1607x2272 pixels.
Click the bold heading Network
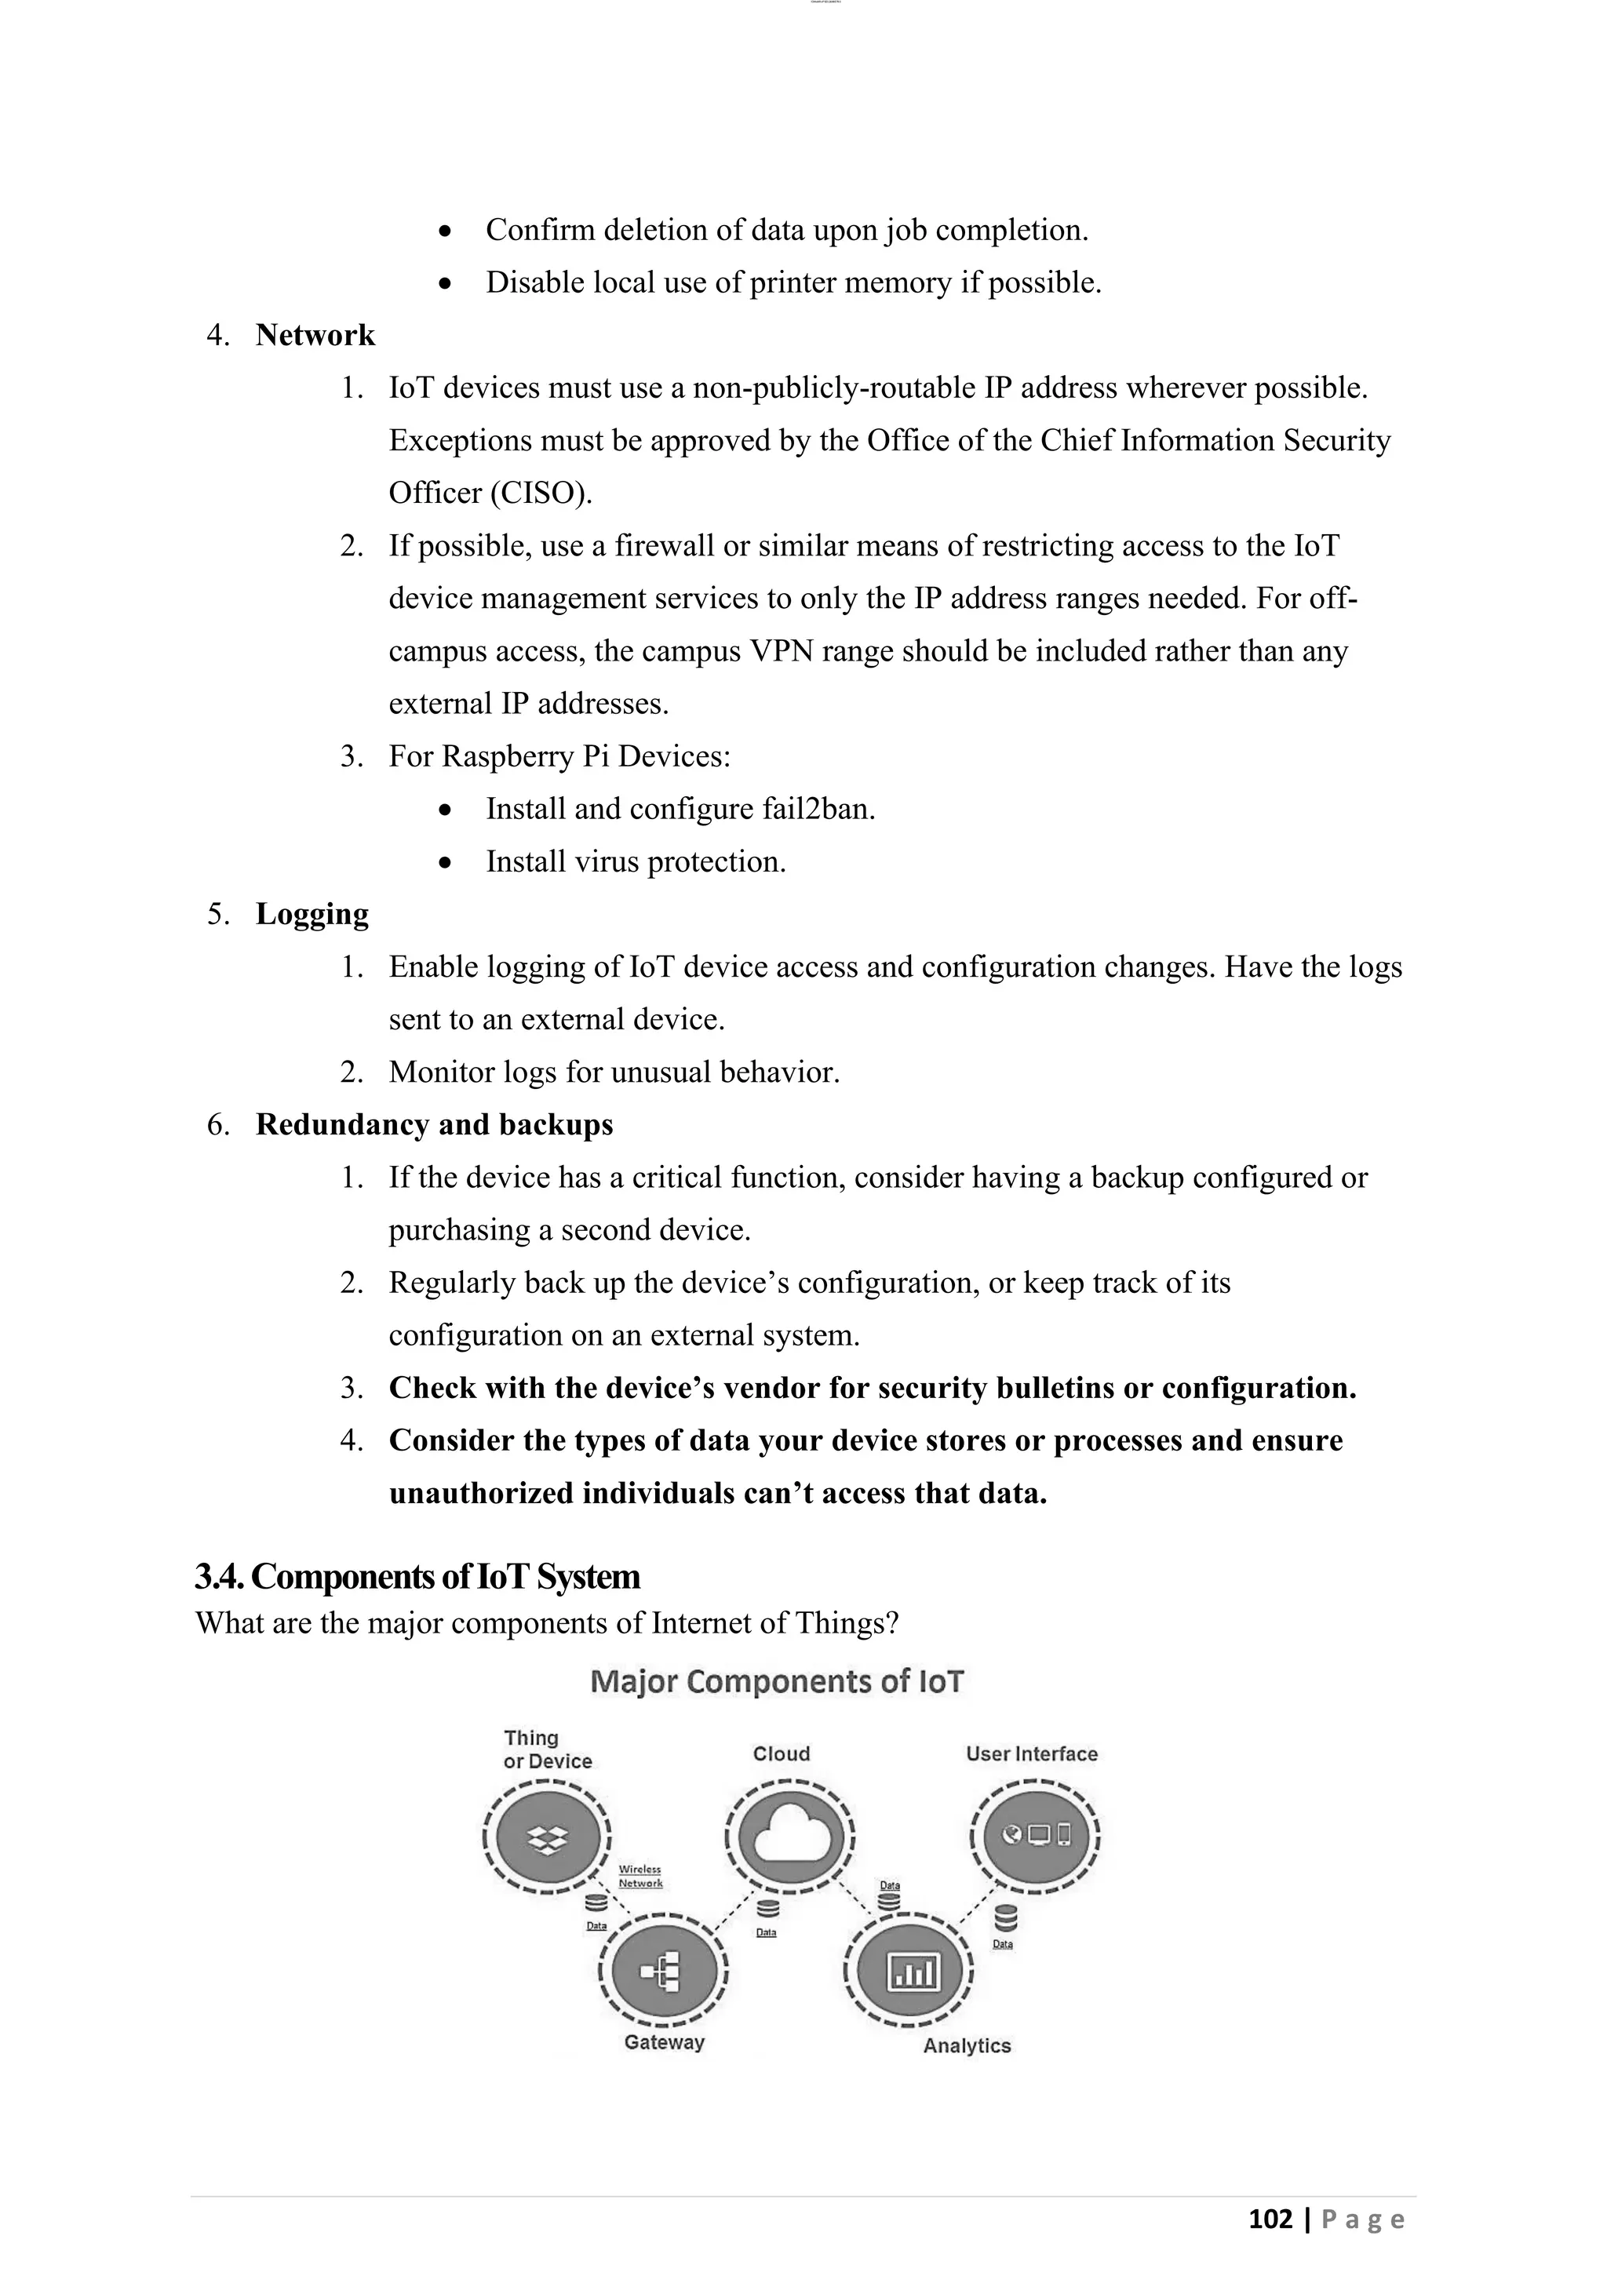[x=315, y=336]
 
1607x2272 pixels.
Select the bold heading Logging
[x=312, y=914]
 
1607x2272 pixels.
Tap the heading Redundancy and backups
[x=433, y=1125]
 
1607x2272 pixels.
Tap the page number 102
[x=1270, y=2219]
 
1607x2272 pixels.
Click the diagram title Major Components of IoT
[x=777, y=1681]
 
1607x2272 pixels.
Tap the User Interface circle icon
[x=1035, y=1836]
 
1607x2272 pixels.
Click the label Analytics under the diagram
[x=967, y=2045]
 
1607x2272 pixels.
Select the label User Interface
[x=1031, y=1753]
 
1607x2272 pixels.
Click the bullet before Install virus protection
[x=446, y=863]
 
